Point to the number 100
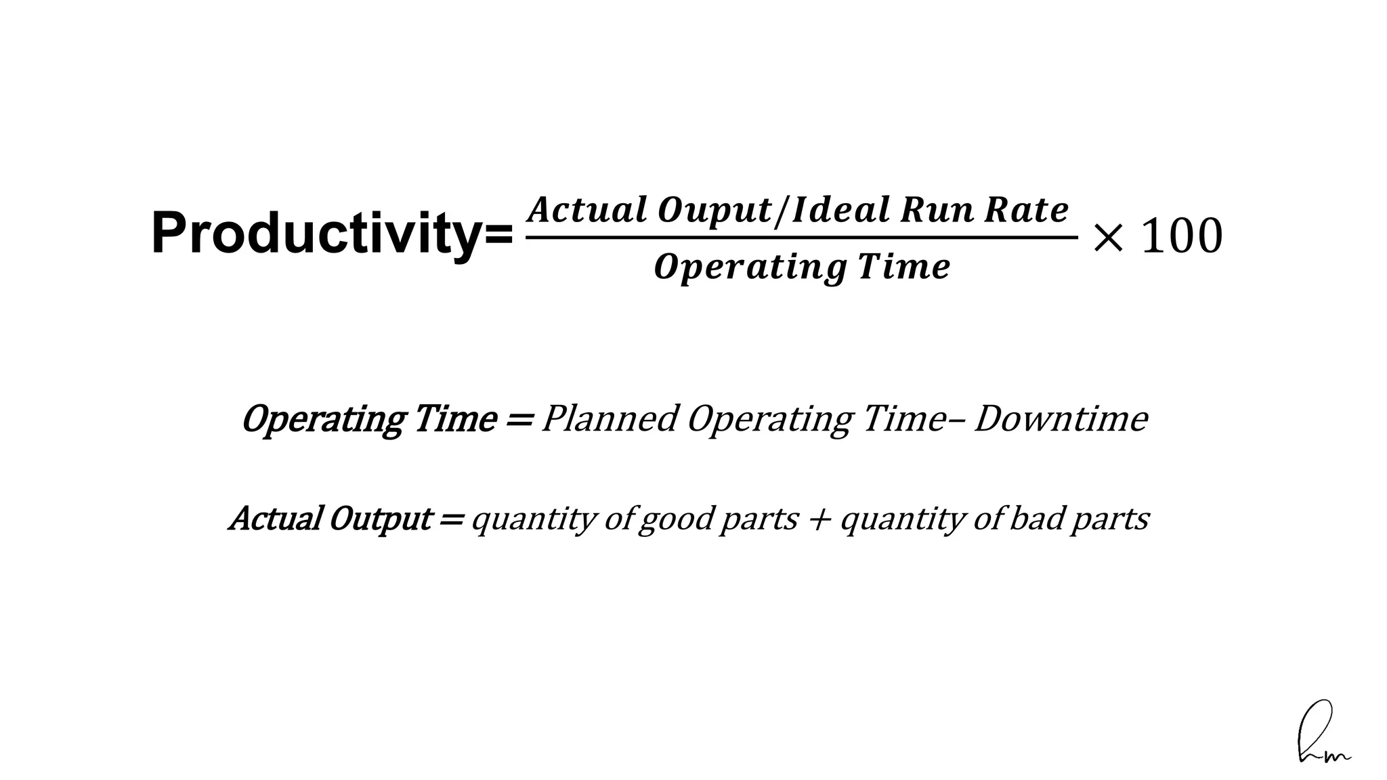point(1182,237)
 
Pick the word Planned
point(610,419)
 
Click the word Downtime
point(1061,419)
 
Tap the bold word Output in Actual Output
point(380,519)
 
